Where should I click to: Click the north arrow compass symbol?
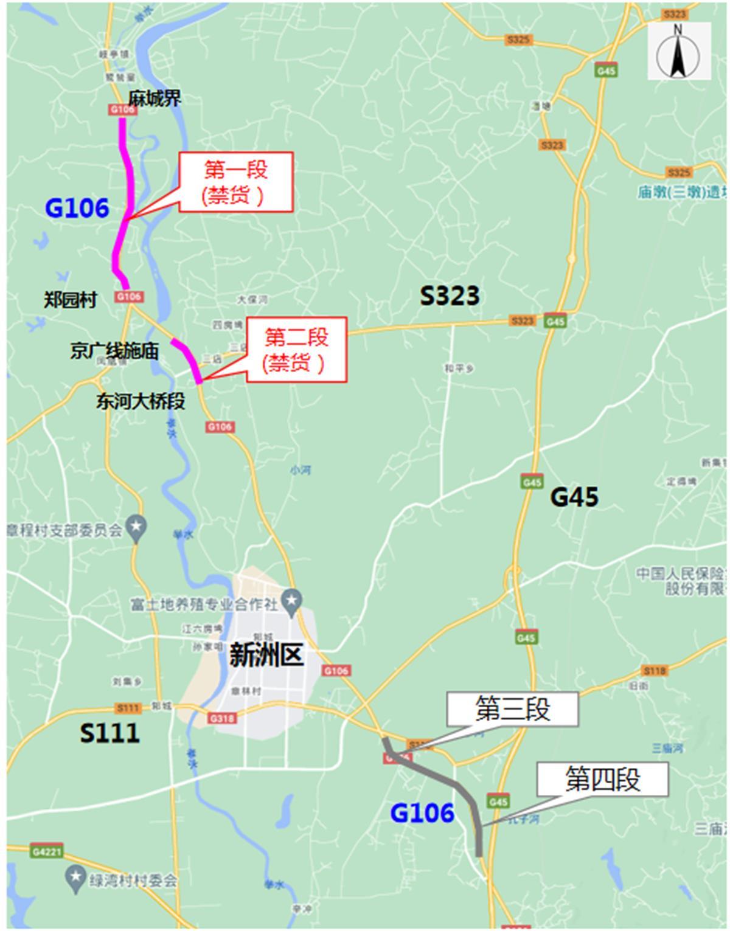pos(678,51)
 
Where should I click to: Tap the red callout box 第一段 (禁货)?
pos(236,182)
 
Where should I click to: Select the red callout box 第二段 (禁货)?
pos(296,350)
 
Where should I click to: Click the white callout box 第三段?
pos(512,709)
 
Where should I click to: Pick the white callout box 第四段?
pos(602,779)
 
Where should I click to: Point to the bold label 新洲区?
pos(266,656)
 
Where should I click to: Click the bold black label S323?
pos(450,296)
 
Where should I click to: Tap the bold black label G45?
pos(574,497)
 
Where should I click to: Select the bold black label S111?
pos(109,733)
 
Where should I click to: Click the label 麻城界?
pos(155,99)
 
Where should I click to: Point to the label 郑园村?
pos(71,300)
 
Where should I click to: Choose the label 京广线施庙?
pos(114,351)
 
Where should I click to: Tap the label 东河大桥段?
pos(141,401)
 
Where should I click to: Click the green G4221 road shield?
pos(47,851)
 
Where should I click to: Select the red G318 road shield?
pos(222,718)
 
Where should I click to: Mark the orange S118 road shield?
pos(654,671)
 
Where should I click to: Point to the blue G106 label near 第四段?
pos(422,813)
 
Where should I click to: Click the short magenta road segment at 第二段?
pos(186,361)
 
